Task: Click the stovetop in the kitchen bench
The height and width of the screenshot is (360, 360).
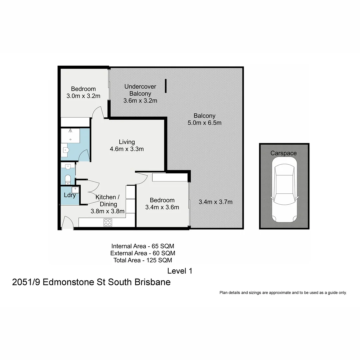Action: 108,222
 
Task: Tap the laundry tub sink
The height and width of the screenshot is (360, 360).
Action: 75,190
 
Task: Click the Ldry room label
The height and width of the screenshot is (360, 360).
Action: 70,195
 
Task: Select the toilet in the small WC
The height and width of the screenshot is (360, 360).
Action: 68,179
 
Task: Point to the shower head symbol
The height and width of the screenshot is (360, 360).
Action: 70,131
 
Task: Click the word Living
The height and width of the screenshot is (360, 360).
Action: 127,142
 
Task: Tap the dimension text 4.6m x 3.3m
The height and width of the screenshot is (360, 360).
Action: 127,149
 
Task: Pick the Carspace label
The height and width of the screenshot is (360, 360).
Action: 283,153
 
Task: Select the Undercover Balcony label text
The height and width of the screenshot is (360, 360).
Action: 138,90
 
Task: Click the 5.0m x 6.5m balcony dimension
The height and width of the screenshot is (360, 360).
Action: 205,123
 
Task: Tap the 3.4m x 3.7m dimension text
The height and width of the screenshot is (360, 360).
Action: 215,202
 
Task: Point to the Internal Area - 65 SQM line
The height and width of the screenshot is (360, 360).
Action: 143,246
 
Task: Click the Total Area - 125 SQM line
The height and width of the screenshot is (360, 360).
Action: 143,260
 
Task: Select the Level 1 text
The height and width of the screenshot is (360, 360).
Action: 180,271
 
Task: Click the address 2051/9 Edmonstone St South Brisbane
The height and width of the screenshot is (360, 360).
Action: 91,282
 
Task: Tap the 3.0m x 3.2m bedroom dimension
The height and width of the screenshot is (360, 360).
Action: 83,96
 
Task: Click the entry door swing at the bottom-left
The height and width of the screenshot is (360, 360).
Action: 68,222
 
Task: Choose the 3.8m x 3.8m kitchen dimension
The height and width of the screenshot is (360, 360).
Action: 108,211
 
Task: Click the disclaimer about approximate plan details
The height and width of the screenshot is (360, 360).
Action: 283,293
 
